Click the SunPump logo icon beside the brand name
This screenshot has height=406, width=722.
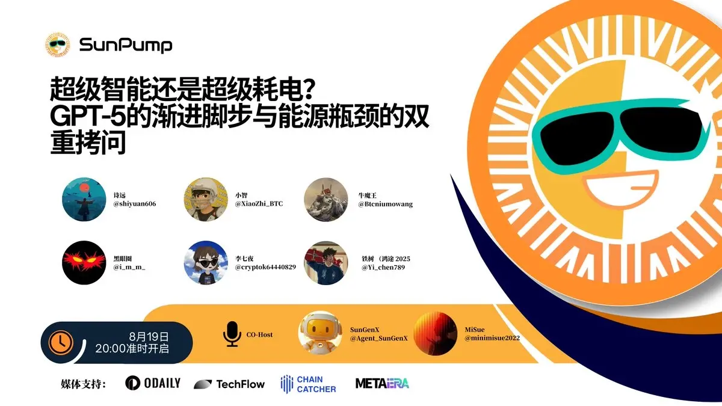click(x=58, y=45)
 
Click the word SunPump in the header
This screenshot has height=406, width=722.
click(x=126, y=45)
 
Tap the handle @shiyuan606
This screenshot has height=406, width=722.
click(x=135, y=204)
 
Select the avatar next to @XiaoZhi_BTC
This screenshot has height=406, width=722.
click(x=206, y=200)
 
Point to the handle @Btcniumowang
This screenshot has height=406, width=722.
click(x=385, y=204)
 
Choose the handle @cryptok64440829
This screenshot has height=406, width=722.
click(x=265, y=266)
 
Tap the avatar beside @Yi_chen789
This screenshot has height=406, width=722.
click(x=326, y=263)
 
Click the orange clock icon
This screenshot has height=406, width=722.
click(x=61, y=342)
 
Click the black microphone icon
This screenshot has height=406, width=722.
click(x=232, y=334)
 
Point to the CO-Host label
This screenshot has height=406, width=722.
click(x=259, y=334)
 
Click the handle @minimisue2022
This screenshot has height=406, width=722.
click(x=492, y=338)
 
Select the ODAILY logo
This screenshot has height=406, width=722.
click(x=153, y=383)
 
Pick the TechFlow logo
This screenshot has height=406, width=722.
click(x=229, y=384)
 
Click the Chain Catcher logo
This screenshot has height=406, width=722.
click(x=308, y=384)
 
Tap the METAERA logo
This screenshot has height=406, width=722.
click(x=382, y=383)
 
